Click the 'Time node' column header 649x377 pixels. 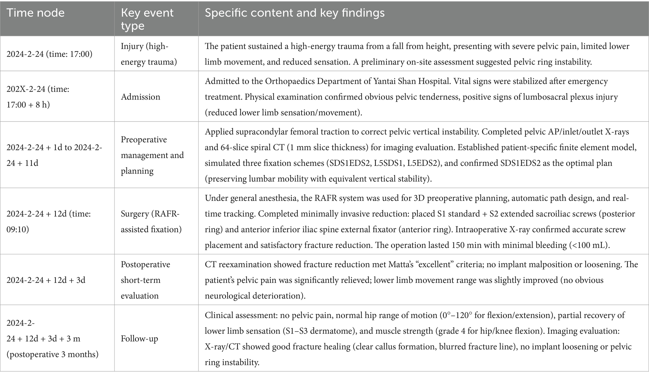[x=35, y=13]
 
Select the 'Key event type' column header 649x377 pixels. [x=147, y=19]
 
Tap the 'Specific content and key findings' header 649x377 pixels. [x=294, y=13]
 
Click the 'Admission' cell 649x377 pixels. [x=140, y=97]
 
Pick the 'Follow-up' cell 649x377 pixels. [x=139, y=338]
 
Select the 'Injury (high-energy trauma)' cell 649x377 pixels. [x=148, y=54]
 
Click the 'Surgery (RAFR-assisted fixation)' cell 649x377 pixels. [x=151, y=221]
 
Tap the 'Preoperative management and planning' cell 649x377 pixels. [x=152, y=155]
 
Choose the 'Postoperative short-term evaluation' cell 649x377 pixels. [x=145, y=280]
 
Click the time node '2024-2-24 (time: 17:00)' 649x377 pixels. [x=49, y=54]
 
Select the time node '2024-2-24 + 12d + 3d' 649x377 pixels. [x=46, y=280]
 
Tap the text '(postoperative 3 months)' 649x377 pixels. [x=52, y=354]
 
